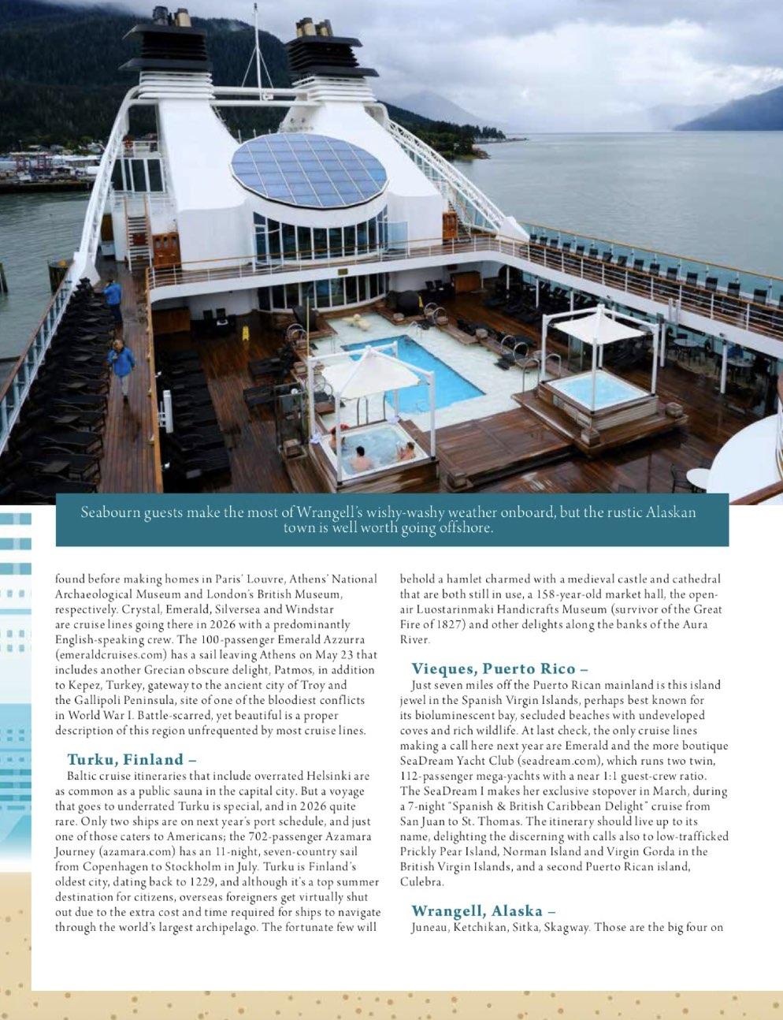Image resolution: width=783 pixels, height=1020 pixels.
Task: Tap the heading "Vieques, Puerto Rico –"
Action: tap(499, 669)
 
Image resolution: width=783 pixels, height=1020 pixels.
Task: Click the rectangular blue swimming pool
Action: tap(415, 368)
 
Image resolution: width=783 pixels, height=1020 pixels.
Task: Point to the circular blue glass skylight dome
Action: tap(309, 170)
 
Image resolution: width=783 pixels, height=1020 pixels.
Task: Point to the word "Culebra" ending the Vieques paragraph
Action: tap(421, 882)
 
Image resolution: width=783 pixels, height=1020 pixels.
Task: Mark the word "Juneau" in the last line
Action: tap(430, 927)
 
